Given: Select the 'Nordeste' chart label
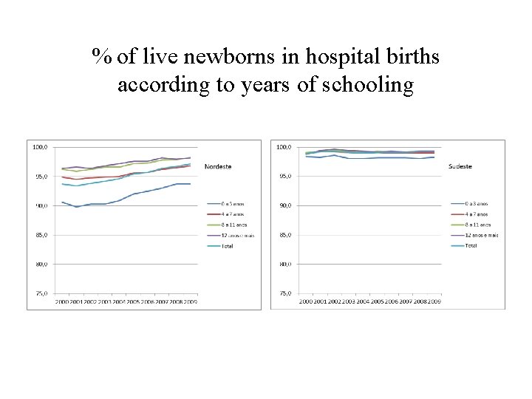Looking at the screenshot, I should (x=218, y=166).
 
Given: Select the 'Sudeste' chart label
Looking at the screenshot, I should (x=460, y=166).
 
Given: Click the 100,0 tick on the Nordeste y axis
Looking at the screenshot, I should (x=40, y=147).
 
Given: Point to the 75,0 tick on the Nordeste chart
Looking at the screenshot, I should (x=41, y=293).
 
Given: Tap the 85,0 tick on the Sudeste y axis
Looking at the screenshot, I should (x=284, y=235).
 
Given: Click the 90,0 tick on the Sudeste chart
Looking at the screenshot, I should (x=284, y=205).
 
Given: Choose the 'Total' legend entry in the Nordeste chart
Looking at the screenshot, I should (x=227, y=246).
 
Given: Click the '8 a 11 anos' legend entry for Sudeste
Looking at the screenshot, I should (x=477, y=225).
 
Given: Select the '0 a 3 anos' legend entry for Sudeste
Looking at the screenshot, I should (x=476, y=203).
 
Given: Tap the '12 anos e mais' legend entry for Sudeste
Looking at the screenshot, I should (x=480, y=235).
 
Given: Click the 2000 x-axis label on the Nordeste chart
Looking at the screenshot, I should (x=62, y=302).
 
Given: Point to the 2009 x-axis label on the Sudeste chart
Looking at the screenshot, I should (x=434, y=302).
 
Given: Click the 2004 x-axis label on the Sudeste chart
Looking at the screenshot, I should (x=363, y=302).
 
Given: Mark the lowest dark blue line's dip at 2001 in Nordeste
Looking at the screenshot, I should (x=76, y=207).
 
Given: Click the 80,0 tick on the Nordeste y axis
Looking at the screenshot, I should (x=41, y=264).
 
